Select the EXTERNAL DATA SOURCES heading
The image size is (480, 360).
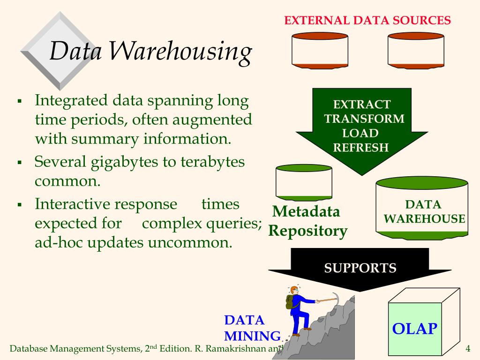[367, 21]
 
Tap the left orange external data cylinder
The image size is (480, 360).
[320, 51]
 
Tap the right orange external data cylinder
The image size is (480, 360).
[416, 51]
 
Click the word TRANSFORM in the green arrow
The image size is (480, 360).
[364, 119]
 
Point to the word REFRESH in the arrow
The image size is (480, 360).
[361, 148]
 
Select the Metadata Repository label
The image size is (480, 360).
[307, 221]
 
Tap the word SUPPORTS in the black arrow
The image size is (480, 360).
[360, 268]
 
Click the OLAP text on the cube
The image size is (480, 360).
[414, 329]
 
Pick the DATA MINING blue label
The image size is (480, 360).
[251, 328]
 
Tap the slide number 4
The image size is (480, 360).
[467, 349]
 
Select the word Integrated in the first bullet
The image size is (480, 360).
[72, 100]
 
